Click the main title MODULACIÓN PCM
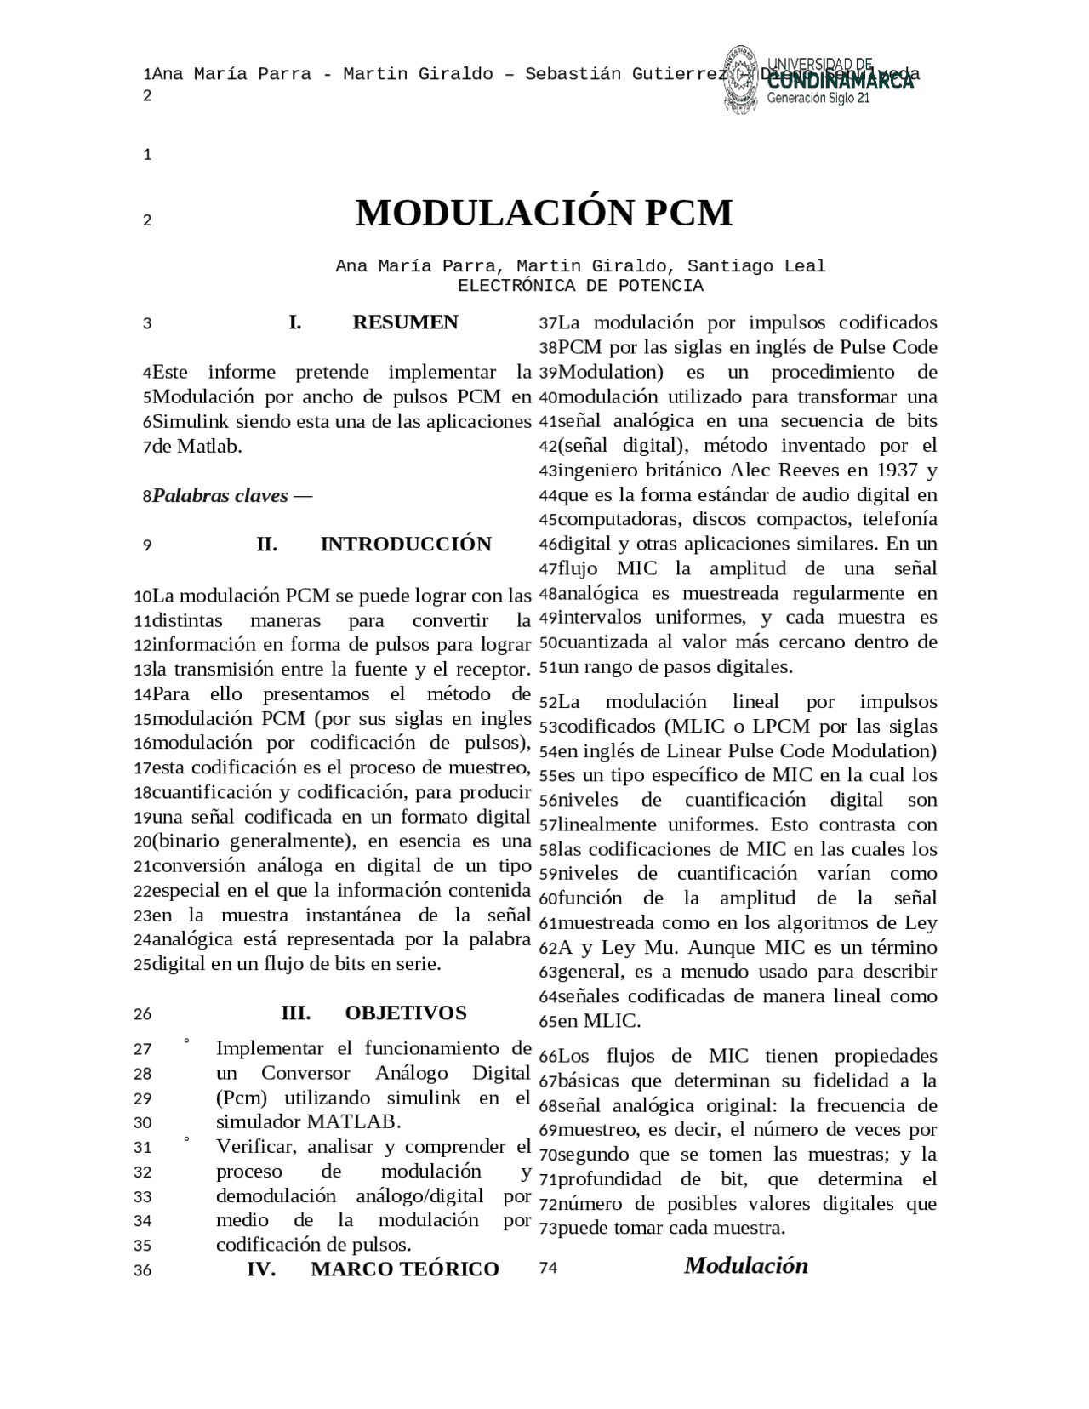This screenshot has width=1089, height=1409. coord(544,214)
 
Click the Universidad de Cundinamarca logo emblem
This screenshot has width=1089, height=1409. coord(742,78)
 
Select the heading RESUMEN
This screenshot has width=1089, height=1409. coord(405,322)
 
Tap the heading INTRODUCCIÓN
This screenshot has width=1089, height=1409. coord(406,545)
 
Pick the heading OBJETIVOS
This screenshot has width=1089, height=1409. coord(406,1013)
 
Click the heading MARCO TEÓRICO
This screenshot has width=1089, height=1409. coord(404,1269)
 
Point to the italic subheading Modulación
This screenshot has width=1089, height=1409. coord(745,1266)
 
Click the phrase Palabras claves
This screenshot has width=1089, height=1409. coord(220,496)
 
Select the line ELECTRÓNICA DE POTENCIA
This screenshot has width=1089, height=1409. coord(580,287)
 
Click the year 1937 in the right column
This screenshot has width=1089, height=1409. coord(892,471)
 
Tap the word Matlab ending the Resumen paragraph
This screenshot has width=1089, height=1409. coord(209,446)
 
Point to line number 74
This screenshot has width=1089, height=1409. coord(548,1269)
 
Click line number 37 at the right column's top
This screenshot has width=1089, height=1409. coord(548,323)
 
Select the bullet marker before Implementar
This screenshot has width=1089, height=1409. coord(186,1041)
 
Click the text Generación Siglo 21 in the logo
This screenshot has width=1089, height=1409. coord(818,99)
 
